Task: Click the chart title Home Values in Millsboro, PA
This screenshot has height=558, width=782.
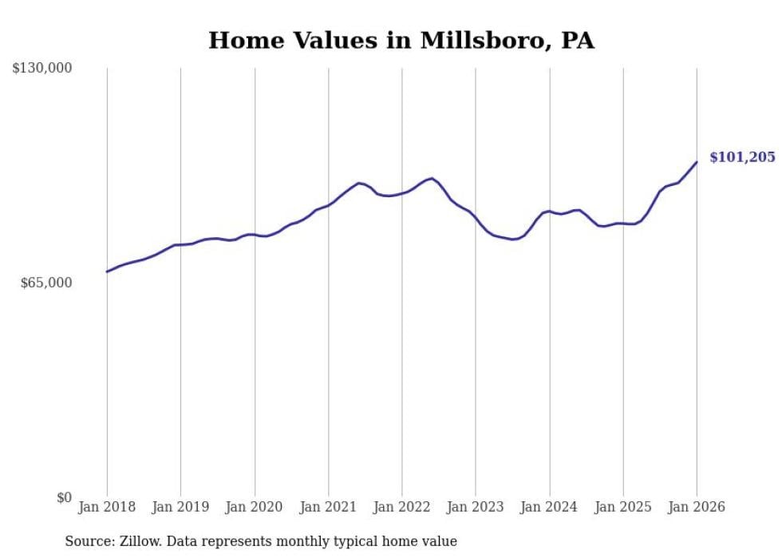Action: click(x=401, y=41)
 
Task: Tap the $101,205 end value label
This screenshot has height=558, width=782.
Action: click(x=741, y=157)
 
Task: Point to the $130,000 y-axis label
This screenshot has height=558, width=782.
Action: click(x=42, y=69)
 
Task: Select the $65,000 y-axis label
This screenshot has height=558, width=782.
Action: click(x=46, y=283)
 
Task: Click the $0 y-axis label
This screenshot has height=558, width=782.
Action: click(x=64, y=497)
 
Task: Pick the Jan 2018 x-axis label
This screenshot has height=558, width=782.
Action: click(x=107, y=507)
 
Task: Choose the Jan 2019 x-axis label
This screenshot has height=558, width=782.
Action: click(x=180, y=507)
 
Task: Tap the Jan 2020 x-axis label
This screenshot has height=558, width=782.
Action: click(x=255, y=507)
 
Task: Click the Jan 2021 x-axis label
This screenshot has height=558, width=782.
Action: click(x=328, y=507)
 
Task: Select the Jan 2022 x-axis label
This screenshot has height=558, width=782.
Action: click(x=401, y=507)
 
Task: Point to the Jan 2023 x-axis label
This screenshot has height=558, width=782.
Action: click(x=476, y=507)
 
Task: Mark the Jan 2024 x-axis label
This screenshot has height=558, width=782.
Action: click(x=549, y=507)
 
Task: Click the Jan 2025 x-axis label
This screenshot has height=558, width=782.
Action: click(x=623, y=507)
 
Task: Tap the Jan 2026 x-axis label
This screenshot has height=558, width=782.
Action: click(x=697, y=507)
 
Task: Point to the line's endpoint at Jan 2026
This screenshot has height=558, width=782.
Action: click(x=697, y=162)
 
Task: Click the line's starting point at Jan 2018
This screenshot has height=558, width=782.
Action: click(x=107, y=271)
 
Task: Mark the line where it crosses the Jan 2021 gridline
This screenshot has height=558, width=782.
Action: click(x=328, y=205)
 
